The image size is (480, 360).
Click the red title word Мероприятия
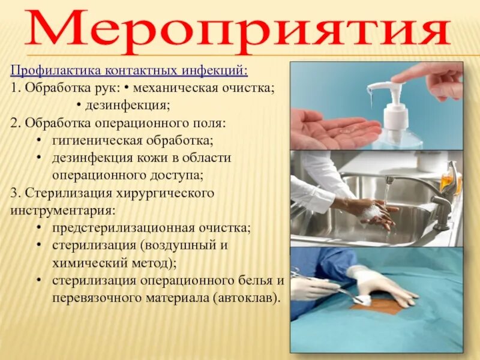239,29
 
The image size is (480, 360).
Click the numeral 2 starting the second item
14,124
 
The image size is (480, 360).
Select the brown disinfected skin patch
378,307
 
